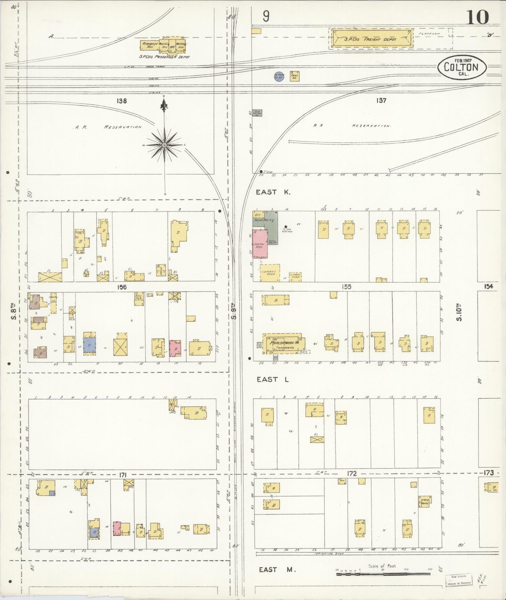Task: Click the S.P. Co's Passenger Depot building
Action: click(x=164, y=46)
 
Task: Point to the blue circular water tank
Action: click(x=279, y=77)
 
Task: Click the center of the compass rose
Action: click(x=164, y=145)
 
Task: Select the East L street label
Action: click(x=273, y=379)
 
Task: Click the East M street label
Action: click(x=277, y=570)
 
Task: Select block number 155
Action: click(x=346, y=287)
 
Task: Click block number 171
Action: click(x=123, y=475)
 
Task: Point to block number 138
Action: click(x=122, y=101)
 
